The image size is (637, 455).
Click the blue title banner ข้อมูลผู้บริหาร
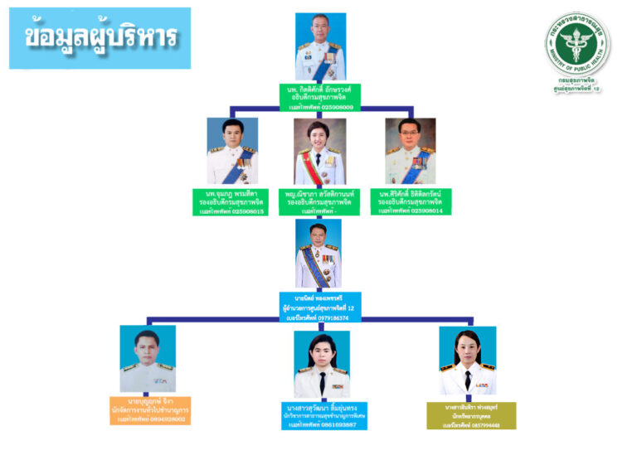click(100, 37)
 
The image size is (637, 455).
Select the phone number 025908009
click(332, 107)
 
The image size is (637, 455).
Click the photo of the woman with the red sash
click(319, 151)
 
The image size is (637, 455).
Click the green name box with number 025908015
click(231, 202)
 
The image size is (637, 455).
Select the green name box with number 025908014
click(410, 202)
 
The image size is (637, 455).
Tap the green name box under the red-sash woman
click(319, 202)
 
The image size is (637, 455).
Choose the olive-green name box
click(471, 415)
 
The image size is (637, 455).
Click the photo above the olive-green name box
click(468, 361)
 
